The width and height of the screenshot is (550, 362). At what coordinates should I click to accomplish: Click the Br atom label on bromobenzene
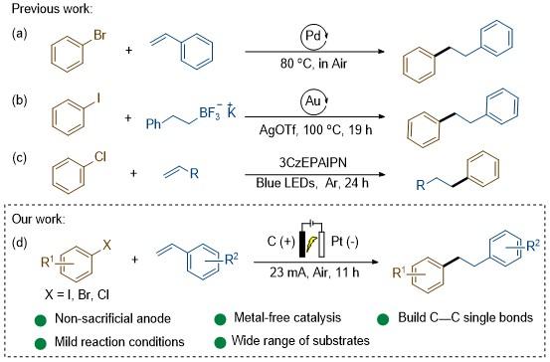point(99,35)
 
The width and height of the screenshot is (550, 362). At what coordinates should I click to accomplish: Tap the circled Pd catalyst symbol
point(314,36)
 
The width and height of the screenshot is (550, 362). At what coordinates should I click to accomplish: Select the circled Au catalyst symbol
point(314,101)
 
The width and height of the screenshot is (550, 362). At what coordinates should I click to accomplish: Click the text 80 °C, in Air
point(313,64)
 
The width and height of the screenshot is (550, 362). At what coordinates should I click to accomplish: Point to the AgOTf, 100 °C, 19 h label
point(315,130)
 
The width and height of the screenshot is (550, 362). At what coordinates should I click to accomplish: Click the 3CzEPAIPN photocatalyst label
point(312,162)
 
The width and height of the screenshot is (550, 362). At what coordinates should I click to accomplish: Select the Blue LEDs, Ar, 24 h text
point(312,183)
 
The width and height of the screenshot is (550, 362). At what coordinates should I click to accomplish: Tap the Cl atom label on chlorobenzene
point(100,157)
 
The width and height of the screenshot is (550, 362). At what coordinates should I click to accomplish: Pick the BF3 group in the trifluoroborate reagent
point(210,113)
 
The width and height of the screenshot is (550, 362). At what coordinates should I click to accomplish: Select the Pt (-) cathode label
point(344,242)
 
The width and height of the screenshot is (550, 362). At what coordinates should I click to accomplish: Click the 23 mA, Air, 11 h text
point(314,272)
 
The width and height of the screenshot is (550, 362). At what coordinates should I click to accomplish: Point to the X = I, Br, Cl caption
point(77,294)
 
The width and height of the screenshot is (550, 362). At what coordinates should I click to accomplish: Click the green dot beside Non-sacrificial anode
point(41,320)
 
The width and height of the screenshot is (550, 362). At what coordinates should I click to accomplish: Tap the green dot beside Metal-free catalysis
point(220,319)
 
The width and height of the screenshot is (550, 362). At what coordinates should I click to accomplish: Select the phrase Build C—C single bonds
point(465,318)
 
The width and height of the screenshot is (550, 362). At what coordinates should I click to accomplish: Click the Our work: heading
point(38,219)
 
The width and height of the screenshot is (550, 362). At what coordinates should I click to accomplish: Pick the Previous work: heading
point(53,8)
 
